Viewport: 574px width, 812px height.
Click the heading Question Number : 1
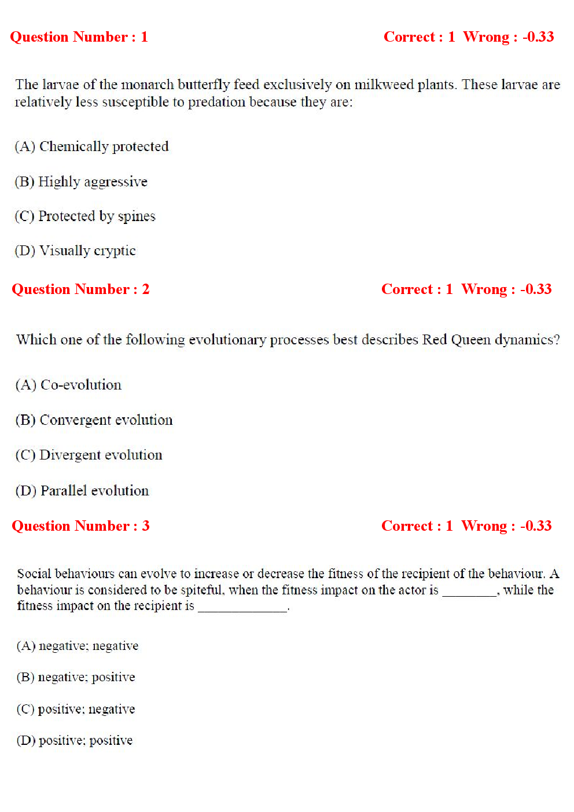click(79, 37)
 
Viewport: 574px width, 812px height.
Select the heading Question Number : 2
click(80, 289)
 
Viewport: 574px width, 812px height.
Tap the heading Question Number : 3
click(80, 526)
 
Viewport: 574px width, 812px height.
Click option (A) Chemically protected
click(91, 146)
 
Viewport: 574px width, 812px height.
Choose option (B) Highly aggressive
click(81, 182)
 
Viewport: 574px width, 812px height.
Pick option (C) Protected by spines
click(85, 216)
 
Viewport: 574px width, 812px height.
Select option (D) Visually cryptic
click(75, 251)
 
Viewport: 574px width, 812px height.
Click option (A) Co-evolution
click(68, 385)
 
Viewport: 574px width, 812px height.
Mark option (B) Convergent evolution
click(94, 420)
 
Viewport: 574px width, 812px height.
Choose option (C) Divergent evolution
click(89, 455)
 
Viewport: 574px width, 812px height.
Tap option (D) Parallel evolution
click(82, 491)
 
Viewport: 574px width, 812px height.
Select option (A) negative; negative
click(77, 646)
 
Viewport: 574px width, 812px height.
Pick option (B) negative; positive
click(75, 677)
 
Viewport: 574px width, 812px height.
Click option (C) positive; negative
click(75, 709)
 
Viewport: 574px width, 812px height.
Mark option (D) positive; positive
click(74, 740)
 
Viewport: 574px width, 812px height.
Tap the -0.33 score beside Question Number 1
click(538, 37)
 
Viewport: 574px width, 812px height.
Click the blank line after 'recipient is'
click(242, 607)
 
